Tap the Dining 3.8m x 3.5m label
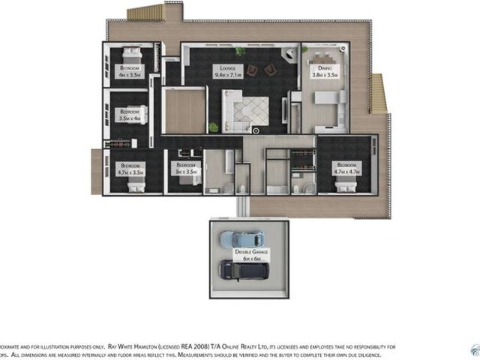(324, 72)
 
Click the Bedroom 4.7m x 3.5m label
(130, 168)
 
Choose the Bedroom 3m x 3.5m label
(184, 168)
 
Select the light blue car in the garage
(241, 238)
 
